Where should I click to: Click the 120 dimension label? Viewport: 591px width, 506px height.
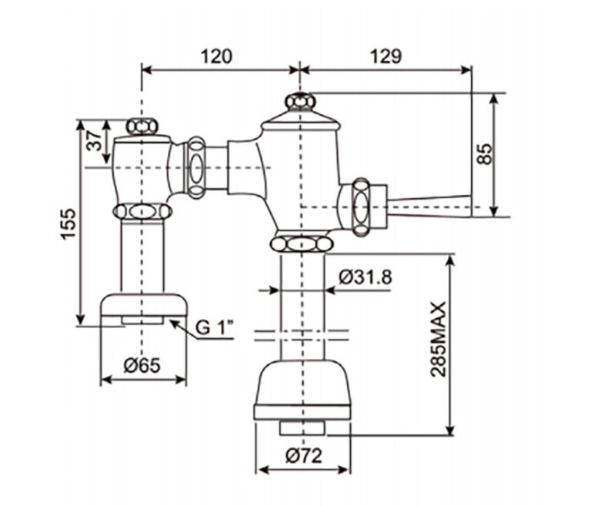(216, 56)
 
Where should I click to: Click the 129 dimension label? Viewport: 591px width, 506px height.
(386, 56)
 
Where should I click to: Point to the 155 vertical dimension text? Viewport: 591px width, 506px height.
(68, 224)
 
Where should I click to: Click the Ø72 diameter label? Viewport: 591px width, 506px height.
(304, 455)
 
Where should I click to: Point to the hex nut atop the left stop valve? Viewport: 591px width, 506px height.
(142, 126)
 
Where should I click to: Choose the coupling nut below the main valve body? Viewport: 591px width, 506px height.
(301, 245)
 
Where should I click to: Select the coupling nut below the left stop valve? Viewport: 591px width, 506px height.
(142, 211)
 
